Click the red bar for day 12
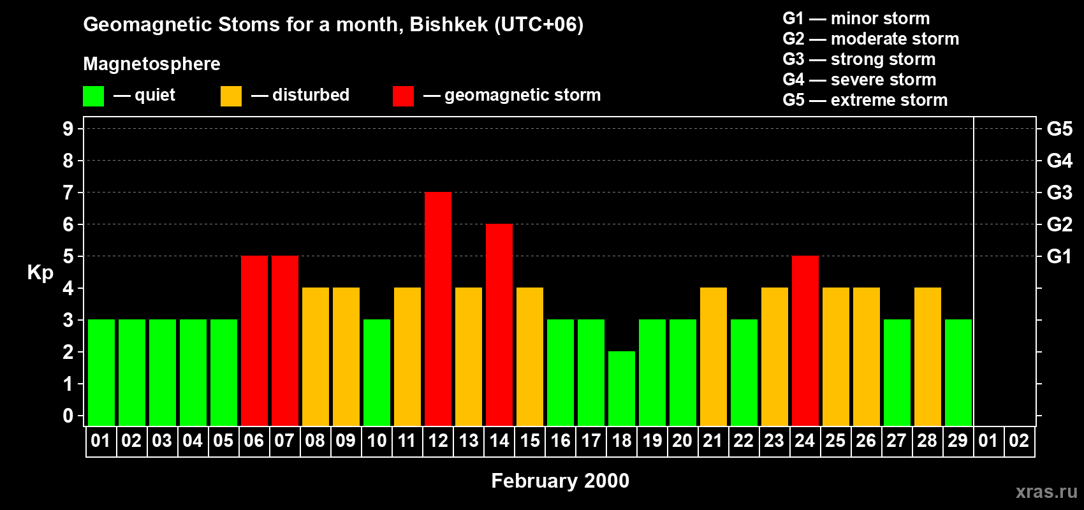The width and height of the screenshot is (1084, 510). click(x=438, y=309)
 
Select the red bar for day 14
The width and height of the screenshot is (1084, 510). click(x=499, y=324)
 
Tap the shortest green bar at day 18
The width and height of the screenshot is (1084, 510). click(x=622, y=388)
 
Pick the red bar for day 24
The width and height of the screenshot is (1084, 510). click(x=805, y=340)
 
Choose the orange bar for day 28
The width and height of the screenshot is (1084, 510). click(x=928, y=356)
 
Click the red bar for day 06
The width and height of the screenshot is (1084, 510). click(x=254, y=340)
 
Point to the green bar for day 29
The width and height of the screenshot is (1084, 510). click(x=958, y=372)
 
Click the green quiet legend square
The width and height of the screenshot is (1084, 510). click(x=93, y=96)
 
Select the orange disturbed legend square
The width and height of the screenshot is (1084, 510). click(x=231, y=96)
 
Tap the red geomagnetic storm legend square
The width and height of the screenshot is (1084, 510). click(x=404, y=96)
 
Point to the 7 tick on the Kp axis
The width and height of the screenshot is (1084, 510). click(x=68, y=193)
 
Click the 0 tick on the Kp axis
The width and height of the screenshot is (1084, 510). click(x=68, y=416)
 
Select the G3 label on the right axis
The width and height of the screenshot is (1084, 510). click(x=1059, y=193)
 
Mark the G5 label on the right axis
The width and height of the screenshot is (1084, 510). click(x=1059, y=129)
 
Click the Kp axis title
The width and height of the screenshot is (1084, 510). click(x=40, y=273)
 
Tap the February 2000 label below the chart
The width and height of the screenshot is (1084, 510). click(x=560, y=481)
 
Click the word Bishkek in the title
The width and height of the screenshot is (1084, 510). click(x=449, y=25)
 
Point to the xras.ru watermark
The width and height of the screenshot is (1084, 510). click(x=1046, y=492)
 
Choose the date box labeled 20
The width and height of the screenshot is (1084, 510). click(x=682, y=441)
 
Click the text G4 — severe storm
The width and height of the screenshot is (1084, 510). click(x=860, y=79)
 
